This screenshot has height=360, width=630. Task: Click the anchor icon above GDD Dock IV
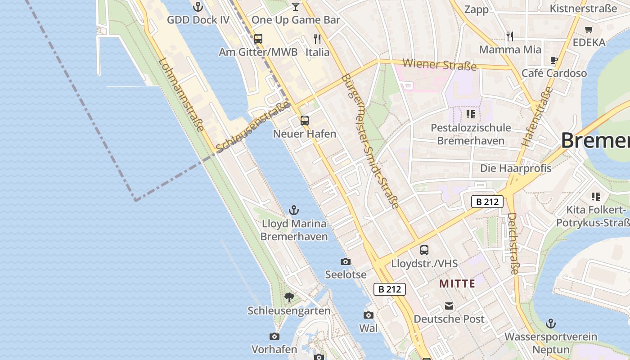pos(198,7)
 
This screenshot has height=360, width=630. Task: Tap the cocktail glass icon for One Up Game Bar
pos(295,6)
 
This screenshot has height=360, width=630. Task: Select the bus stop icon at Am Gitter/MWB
pos(258,39)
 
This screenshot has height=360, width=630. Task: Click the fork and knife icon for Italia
pos(317,39)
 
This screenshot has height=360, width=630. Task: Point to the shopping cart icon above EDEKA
pos(589,29)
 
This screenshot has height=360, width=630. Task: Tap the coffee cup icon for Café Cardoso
pos(554,60)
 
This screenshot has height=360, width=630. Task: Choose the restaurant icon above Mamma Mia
pos(510,36)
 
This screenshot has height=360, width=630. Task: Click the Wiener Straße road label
pos(439,64)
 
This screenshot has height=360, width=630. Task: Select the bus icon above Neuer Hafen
pos(305,121)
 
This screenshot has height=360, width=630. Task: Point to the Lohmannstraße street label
pos(181,95)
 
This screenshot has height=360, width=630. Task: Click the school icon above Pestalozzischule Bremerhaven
pos(471,114)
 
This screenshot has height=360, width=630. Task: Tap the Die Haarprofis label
pos(516,168)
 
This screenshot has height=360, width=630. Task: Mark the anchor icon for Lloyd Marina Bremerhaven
pos(294,210)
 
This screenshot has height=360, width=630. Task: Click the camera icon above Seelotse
pos(345,261)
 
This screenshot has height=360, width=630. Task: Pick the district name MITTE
pos(457,283)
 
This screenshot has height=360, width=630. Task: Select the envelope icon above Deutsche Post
pos(449,306)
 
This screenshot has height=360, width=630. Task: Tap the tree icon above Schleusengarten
pos(289,297)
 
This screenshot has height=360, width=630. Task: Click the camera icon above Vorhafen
pos(274,336)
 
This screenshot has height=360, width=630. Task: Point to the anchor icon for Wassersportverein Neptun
pos(550,324)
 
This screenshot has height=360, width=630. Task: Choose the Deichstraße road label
pos(513,243)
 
